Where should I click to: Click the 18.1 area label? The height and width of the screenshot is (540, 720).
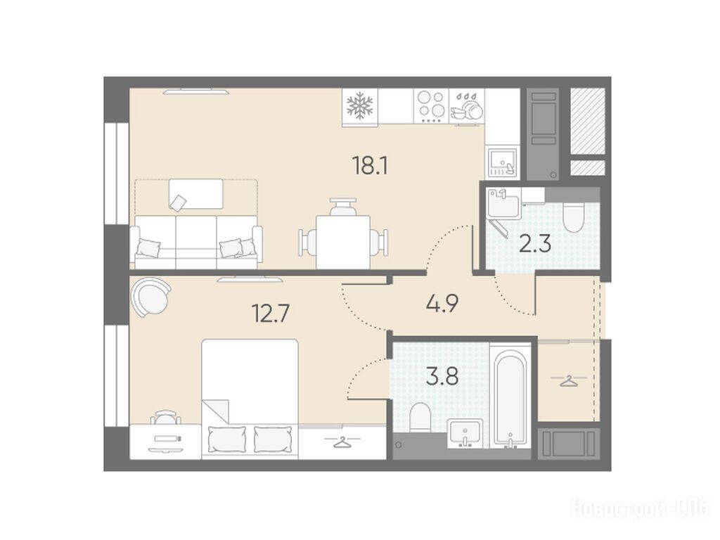[370, 166]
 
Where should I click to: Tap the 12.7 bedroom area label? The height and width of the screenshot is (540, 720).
[271, 314]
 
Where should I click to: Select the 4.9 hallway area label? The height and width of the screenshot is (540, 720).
[442, 304]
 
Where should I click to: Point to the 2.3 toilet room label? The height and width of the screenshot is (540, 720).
[535, 244]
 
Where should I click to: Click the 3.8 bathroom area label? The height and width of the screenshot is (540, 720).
[442, 377]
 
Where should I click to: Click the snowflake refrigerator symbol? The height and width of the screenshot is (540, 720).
[360, 105]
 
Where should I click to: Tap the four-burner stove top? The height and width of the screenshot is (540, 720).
[431, 106]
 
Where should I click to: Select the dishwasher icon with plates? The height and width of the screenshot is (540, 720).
[467, 106]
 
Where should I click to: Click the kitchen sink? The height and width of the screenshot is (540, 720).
[503, 162]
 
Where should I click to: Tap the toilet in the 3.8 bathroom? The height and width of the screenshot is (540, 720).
[420, 417]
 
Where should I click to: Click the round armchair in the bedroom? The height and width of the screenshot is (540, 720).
[150, 297]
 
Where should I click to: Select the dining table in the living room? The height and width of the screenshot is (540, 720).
[343, 242]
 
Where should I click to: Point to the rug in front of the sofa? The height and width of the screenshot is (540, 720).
[196, 194]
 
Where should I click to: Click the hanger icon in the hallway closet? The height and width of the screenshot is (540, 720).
[568, 381]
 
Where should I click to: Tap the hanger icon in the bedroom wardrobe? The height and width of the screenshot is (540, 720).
[342, 442]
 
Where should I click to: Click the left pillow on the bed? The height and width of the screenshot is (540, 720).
[227, 439]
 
